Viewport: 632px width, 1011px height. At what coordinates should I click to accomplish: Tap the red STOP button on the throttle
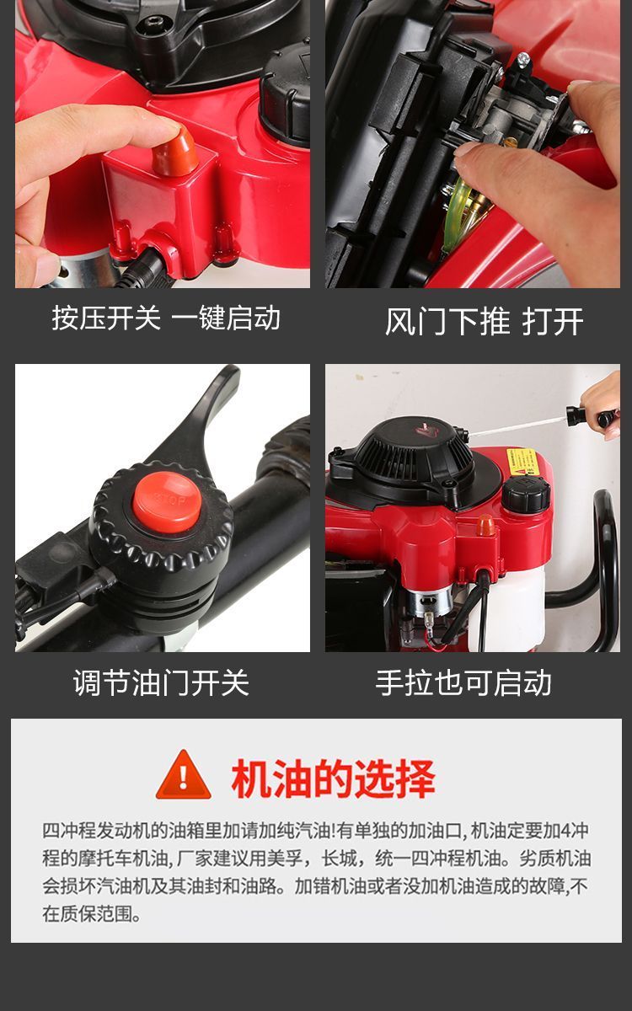[x=167, y=502]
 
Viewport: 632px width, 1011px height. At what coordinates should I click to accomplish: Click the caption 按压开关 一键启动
[x=166, y=318]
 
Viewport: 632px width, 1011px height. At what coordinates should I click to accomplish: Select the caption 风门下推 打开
[x=484, y=322]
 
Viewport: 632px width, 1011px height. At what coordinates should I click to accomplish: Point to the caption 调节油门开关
[x=161, y=682]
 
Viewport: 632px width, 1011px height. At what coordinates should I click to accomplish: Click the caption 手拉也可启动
[x=463, y=682]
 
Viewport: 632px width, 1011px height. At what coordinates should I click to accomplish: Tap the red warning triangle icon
[x=183, y=775]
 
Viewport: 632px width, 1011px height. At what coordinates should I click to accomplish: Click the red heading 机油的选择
[x=333, y=778]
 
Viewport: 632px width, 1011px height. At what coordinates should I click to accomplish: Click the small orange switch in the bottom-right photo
[x=485, y=525]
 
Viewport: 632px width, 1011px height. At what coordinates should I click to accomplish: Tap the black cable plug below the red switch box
[x=144, y=270]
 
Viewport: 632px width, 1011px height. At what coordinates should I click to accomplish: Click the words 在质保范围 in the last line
[x=88, y=914]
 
